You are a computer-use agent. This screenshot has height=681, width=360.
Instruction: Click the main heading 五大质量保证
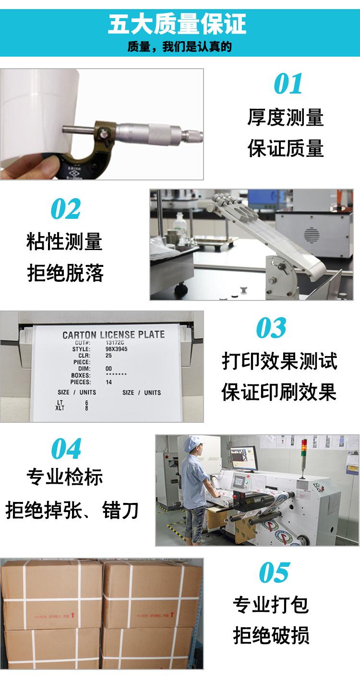click(x=180, y=24)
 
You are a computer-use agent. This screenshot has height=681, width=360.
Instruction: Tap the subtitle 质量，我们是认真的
click(x=180, y=47)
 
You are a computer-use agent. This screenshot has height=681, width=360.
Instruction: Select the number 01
click(x=288, y=84)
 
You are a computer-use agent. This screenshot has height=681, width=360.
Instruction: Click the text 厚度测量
click(x=286, y=118)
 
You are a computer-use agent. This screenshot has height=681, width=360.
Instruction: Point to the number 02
click(x=66, y=209)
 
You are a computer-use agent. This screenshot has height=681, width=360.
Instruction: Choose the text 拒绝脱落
click(x=65, y=273)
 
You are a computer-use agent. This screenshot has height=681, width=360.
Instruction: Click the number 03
click(x=271, y=328)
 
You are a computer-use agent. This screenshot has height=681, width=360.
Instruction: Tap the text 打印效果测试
click(x=279, y=361)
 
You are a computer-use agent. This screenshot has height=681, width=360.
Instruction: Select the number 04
click(x=66, y=449)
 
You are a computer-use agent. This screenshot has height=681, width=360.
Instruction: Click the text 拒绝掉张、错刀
click(x=72, y=510)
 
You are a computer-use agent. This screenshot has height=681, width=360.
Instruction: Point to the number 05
click(x=274, y=573)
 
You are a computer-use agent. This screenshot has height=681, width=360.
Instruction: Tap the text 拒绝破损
click(x=271, y=635)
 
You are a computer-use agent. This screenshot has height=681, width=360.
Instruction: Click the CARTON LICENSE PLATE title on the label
click(x=113, y=335)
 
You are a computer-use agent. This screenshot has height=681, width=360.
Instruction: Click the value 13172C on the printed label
click(x=115, y=343)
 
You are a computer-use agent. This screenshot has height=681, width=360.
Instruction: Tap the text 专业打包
click(x=271, y=605)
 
